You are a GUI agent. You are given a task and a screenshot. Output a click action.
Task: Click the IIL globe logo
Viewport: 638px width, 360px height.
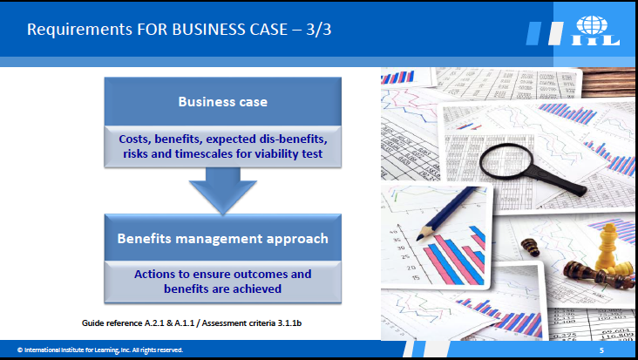(x=595, y=31)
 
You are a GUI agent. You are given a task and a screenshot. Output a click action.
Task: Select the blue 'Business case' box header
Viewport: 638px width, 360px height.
(x=222, y=101)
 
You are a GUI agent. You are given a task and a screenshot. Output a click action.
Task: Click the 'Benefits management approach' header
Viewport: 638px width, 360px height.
(x=222, y=238)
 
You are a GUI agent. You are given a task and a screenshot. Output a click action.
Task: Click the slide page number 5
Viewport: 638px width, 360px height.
(x=601, y=350)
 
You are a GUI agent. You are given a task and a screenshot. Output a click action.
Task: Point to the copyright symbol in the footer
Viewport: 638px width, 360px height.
(x=20, y=350)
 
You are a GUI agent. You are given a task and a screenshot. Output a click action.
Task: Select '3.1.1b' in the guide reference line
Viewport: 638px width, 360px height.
(x=289, y=323)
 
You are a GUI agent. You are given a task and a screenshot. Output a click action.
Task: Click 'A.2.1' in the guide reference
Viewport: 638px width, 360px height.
(x=153, y=323)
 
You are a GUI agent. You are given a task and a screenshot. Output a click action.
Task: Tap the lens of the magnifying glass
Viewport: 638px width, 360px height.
(x=506, y=161)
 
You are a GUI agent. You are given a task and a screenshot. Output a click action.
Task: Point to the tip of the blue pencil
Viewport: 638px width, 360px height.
(x=418, y=239)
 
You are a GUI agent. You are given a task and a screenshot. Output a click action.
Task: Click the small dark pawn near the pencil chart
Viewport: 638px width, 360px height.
(x=530, y=247)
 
